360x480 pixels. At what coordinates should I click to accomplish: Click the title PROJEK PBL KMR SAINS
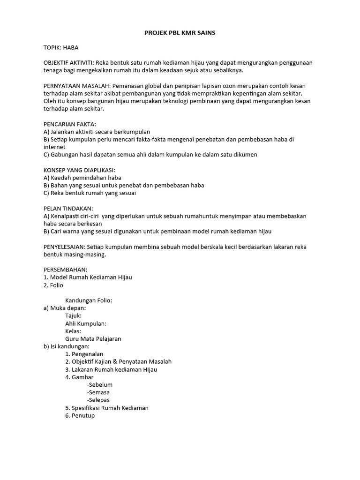point(180,33)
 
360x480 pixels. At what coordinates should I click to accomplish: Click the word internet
point(55,147)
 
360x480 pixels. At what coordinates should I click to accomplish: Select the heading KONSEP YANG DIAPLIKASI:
point(79,170)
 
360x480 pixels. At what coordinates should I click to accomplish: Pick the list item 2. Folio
point(53,285)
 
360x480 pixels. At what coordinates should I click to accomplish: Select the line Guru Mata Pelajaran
point(93,339)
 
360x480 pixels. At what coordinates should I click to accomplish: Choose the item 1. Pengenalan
point(84,354)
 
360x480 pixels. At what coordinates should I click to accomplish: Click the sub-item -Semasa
point(98,392)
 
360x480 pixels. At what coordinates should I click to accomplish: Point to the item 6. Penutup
point(80,415)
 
